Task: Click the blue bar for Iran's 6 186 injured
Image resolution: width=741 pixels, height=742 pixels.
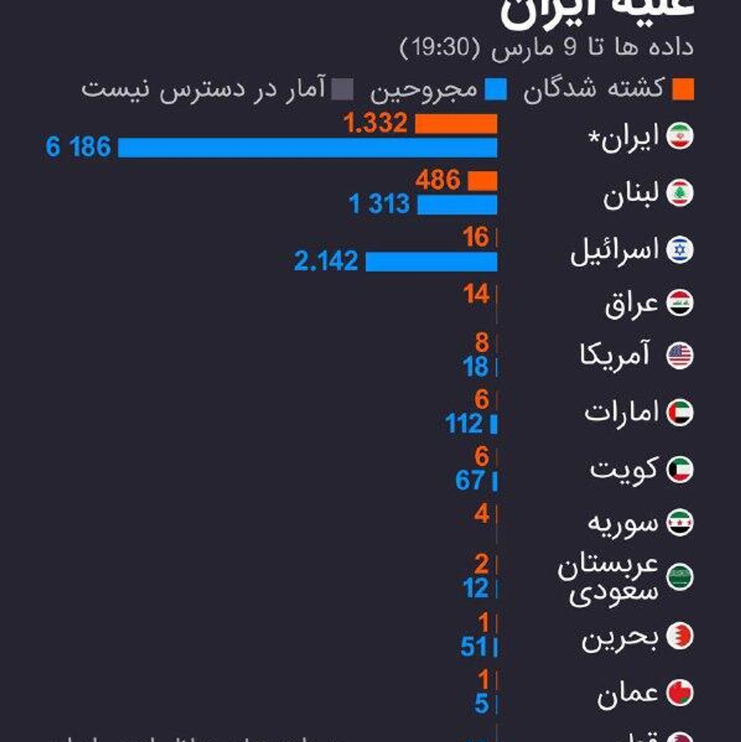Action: coord(307,148)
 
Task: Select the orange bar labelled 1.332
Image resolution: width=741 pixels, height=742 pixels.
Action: coord(456,124)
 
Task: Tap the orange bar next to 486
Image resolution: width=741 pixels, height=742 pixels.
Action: coord(482,181)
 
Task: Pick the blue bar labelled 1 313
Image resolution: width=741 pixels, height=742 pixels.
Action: coord(457,205)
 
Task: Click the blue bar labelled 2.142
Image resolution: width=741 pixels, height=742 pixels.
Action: coord(431,262)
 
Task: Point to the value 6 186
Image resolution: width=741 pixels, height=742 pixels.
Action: coord(78,147)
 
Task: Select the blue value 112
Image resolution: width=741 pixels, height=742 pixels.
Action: coord(464,424)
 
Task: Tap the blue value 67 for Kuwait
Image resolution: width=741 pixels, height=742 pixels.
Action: coord(470,481)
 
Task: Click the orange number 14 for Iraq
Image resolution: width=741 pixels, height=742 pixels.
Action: coord(476,294)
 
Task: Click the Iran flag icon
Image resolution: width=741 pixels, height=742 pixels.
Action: coord(680,136)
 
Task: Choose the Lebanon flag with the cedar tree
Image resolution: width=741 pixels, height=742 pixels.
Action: coord(680,193)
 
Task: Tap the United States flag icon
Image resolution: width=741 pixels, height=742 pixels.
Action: coord(680,355)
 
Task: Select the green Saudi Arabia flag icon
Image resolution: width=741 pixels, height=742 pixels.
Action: coord(680,577)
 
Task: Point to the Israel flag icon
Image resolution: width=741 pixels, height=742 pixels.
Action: coord(680,250)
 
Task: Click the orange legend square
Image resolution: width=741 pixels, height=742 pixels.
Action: coord(683,89)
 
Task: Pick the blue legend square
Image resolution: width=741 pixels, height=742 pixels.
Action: coord(496,89)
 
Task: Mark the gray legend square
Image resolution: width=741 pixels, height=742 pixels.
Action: coord(342,89)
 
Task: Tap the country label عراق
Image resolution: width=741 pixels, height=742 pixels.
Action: coord(631,305)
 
